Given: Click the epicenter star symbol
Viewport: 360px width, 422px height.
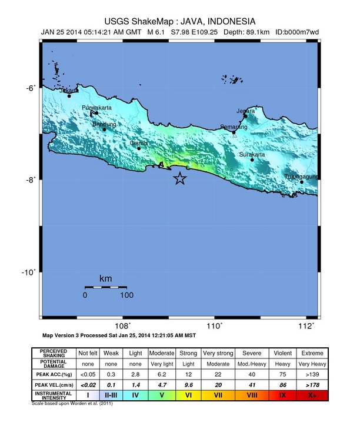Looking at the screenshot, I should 180,179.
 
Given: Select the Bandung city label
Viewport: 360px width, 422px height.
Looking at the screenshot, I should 105,124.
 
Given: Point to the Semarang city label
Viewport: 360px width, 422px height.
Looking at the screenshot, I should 232,127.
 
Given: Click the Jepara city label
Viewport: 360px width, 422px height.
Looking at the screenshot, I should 246,111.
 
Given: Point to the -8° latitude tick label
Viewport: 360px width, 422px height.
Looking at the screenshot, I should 30,180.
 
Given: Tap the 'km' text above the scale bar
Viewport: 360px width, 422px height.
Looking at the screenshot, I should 106,278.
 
